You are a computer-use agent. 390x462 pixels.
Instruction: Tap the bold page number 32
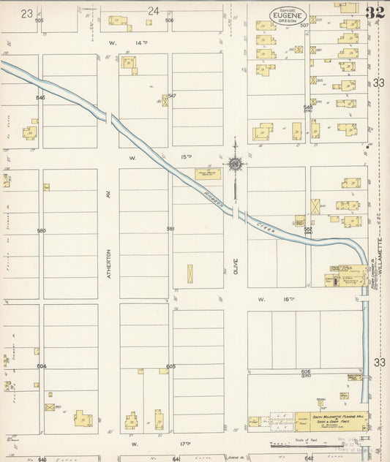[x=375, y=12]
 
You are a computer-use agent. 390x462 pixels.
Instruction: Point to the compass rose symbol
[x=235, y=164]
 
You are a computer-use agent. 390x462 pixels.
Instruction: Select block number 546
[x=40, y=97]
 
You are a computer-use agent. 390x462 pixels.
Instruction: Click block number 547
[x=172, y=96]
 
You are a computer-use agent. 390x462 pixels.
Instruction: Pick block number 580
[x=41, y=231]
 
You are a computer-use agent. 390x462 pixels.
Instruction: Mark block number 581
[x=170, y=230]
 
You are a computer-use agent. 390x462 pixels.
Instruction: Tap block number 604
[x=41, y=366]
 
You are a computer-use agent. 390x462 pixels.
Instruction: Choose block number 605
[x=170, y=366]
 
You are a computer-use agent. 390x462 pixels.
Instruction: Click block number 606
[x=305, y=371]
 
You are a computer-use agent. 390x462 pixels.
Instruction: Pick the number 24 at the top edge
[x=153, y=11]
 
